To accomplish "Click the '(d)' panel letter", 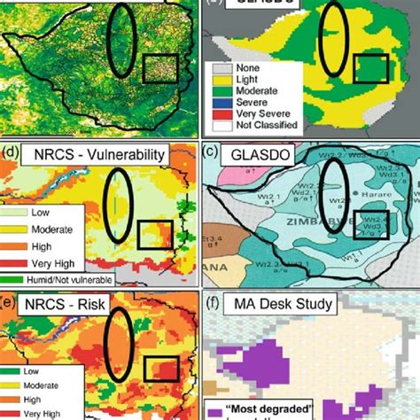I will coord(11,156).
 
